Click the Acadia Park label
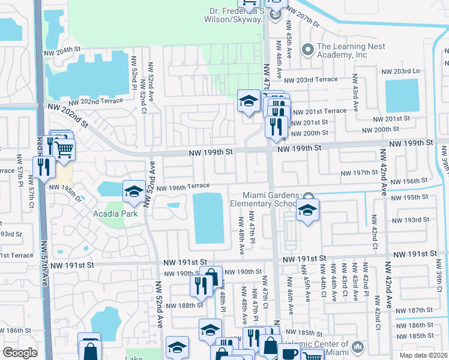point(115,214)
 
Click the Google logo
point(20,353)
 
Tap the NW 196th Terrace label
point(184,187)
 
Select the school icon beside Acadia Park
point(133,192)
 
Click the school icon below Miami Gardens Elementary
point(307,210)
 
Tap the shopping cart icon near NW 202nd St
point(64,148)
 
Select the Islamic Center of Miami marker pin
point(357,347)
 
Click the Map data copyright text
point(424,355)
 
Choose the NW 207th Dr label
point(304,16)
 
